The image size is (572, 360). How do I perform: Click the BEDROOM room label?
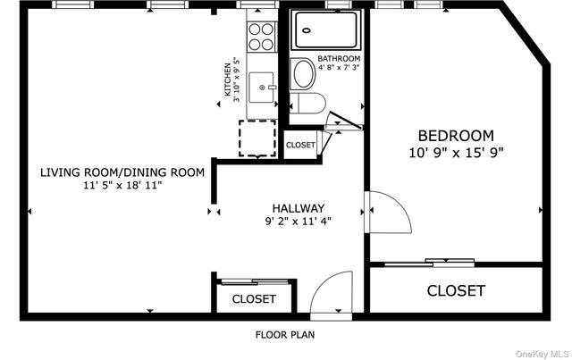pyautogui.click(x=456, y=136)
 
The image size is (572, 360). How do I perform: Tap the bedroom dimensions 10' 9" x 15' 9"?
pyautogui.click(x=456, y=152)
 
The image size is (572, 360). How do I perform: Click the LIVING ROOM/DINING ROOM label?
pyautogui.click(x=122, y=172)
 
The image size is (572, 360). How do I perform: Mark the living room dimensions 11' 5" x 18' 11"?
pyautogui.click(x=122, y=186)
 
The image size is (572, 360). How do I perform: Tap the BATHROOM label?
pyautogui.click(x=340, y=58)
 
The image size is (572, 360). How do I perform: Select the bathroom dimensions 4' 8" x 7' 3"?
pyautogui.click(x=340, y=67)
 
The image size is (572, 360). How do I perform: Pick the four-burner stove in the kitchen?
pyautogui.click(x=260, y=37)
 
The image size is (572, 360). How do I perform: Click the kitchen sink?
pyautogui.click(x=260, y=87)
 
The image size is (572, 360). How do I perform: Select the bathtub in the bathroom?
pyautogui.click(x=327, y=31)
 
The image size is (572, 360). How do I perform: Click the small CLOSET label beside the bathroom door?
pyautogui.click(x=300, y=145)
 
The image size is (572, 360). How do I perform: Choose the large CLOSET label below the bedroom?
pyautogui.click(x=456, y=290)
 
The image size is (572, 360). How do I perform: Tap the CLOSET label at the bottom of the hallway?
pyautogui.click(x=254, y=299)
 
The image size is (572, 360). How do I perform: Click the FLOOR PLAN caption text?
pyautogui.click(x=285, y=335)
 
